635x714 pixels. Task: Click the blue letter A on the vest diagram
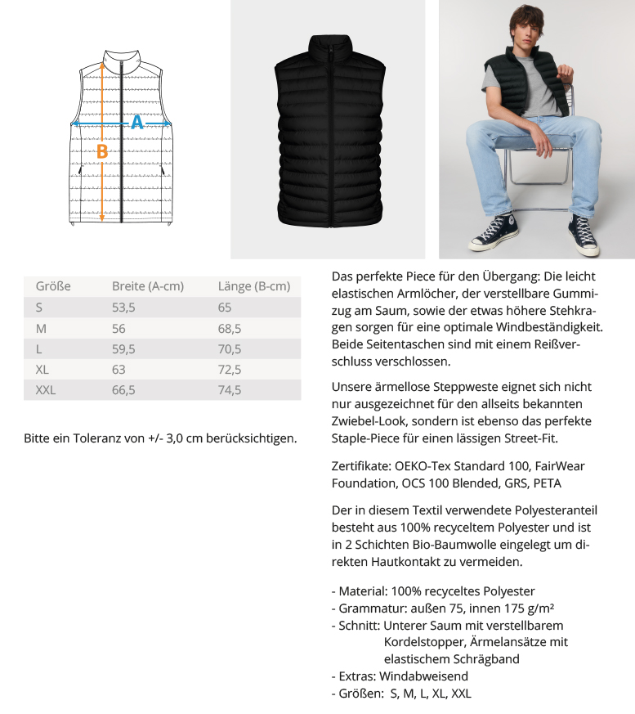tap(137, 123)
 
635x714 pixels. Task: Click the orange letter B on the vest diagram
tap(102, 151)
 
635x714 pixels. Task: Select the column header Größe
tap(53, 286)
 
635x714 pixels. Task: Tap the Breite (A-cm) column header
tap(148, 286)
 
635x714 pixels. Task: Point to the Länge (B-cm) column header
tap(254, 286)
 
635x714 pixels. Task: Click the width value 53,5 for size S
tap(123, 308)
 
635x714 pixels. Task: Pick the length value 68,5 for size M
tap(230, 328)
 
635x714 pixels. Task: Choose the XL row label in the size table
tap(42, 370)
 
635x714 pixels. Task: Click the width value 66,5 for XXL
tap(123, 390)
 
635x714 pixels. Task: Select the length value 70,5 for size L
tap(230, 348)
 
